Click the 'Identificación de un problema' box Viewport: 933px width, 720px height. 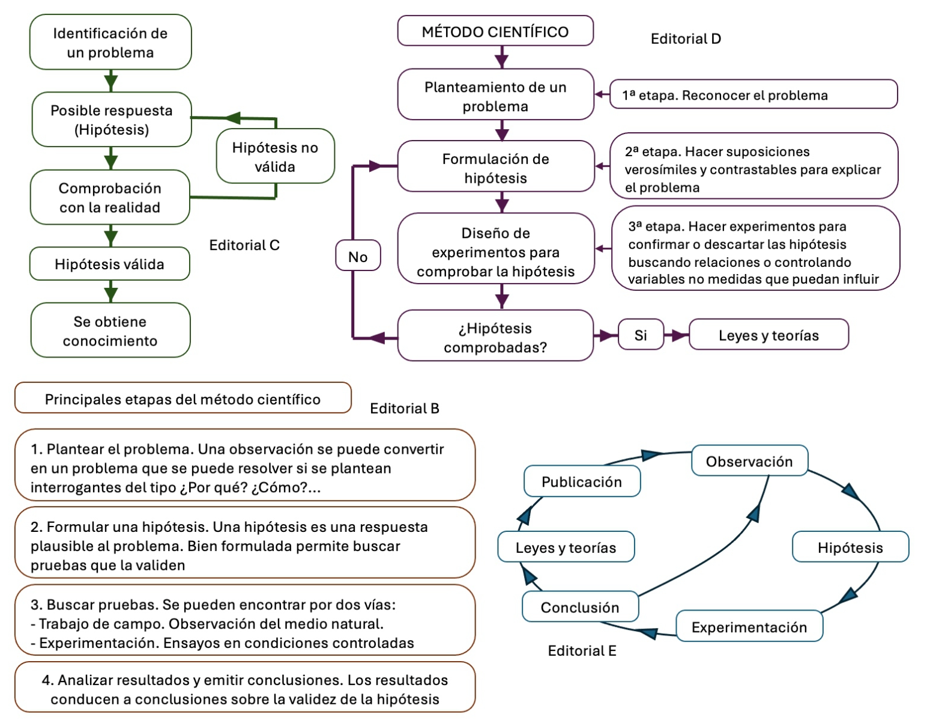point(110,42)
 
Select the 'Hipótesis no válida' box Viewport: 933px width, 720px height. point(275,156)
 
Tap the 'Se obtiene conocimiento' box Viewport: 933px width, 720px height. point(110,331)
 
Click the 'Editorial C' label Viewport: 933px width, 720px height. point(244,245)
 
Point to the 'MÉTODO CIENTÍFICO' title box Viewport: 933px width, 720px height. point(495,31)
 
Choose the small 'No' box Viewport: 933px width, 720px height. point(358,256)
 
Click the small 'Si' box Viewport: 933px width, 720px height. point(641,335)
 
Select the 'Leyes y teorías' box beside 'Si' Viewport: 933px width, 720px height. point(768,335)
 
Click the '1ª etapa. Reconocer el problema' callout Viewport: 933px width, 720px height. point(753,94)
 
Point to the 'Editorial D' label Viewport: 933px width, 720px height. point(686,39)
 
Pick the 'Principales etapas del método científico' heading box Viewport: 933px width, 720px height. point(183,398)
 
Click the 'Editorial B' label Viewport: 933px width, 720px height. point(405,409)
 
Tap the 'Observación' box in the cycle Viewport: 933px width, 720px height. point(749,461)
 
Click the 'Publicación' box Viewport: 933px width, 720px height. point(582,481)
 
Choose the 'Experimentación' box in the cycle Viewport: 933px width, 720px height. point(749,627)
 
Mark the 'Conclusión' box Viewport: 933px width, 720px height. point(580,607)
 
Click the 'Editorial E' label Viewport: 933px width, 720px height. point(582,651)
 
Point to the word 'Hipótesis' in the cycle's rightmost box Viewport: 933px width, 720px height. point(850,548)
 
